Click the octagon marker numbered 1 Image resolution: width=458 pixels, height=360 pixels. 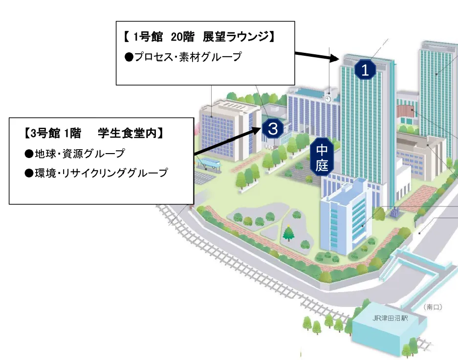click(365, 70)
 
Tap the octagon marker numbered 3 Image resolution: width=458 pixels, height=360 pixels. click(273, 129)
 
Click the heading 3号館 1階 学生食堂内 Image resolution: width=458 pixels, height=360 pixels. click(93, 133)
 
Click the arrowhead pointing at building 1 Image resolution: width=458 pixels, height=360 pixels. click(334, 59)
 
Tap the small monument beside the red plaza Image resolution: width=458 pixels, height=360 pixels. click(395, 211)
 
